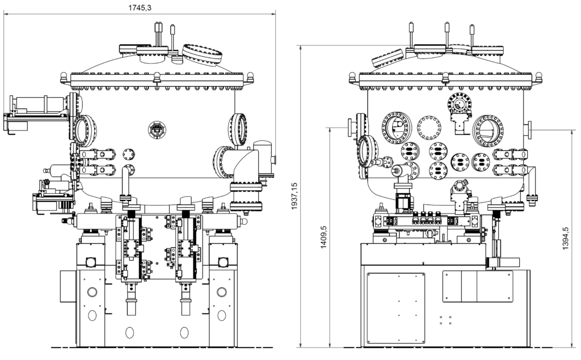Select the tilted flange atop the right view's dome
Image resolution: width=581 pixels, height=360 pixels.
click(387, 57)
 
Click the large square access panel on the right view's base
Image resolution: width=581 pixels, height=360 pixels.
click(396, 307)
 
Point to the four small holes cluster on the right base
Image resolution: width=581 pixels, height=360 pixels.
click(445, 320)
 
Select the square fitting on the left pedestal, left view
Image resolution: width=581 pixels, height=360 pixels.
click(90, 263)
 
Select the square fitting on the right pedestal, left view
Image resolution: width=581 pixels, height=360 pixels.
click(223, 263)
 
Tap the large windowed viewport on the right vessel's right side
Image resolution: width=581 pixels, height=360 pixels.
click(488, 130)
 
